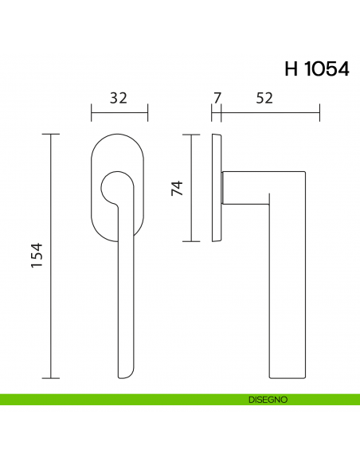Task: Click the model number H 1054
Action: [316, 69]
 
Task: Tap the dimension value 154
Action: [37, 256]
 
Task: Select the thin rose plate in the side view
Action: [216, 188]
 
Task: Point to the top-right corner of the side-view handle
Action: [303, 173]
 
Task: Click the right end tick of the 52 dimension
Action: [319, 113]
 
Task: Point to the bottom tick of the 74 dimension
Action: [191, 240]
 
